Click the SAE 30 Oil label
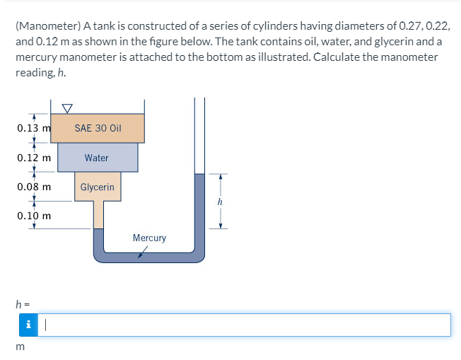click(x=98, y=129)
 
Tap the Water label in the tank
click(x=96, y=158)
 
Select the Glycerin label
click(x=97, y=187)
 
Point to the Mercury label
click(x=149, y=238)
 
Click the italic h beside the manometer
click(x=221, y=201)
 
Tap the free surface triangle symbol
click(x=67, y=108)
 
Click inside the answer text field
click(x=240, y=325)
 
